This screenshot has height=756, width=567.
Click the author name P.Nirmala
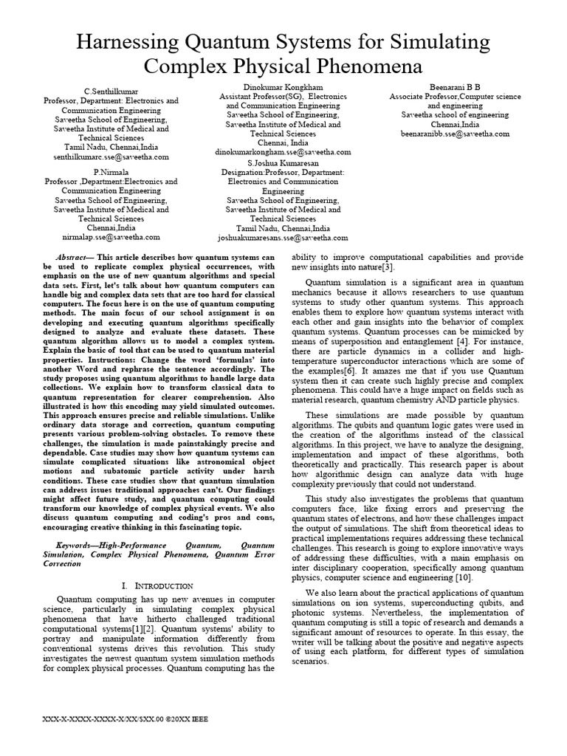click(111, 171)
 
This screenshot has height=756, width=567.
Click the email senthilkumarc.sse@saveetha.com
click(111, 157)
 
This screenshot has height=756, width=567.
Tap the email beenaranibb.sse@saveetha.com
click(455, 134)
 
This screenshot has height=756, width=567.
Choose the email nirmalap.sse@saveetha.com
click(111, 238)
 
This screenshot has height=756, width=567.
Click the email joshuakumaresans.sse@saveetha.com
click(283, 238)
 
